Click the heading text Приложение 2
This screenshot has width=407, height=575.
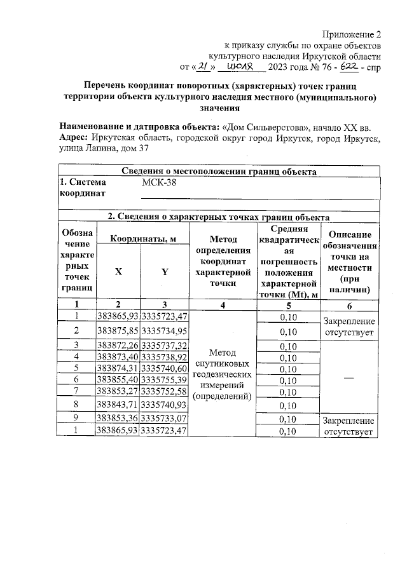pos(352,34)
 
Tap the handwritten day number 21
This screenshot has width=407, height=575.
pos(203,65)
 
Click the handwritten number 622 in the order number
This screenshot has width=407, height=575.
pos(344,65)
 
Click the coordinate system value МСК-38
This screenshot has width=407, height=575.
pos(160,183)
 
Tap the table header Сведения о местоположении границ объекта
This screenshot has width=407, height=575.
pos(219,171)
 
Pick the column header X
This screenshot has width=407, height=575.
pos(118,271)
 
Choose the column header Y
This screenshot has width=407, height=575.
pos(164,271)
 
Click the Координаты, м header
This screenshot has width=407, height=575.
pos(141,238)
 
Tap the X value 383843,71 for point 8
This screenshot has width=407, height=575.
pos(118,404)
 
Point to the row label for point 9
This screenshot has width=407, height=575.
pos(76,419)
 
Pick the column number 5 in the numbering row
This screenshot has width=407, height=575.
pos(289,304)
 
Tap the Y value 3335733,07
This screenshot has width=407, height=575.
pos(164,419)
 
